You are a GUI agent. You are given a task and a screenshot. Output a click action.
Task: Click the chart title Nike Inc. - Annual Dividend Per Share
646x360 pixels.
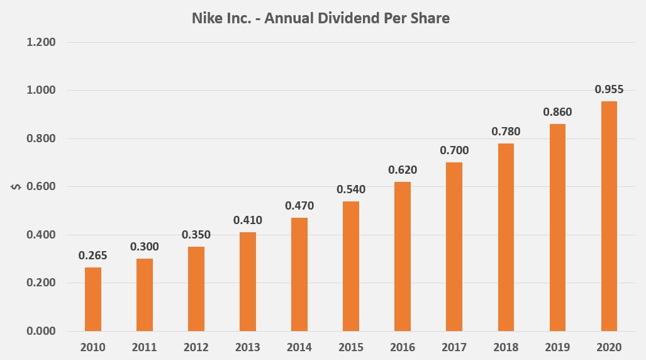point(320,18)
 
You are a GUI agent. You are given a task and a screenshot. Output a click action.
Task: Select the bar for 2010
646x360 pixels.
point(93,299)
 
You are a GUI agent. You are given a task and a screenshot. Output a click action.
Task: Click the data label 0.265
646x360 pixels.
point(93,256)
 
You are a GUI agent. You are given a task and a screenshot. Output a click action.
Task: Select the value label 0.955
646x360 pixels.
point(609,89)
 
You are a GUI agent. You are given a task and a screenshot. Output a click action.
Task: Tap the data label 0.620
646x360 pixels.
point(403,170)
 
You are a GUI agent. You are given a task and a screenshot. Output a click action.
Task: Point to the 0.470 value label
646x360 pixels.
point(299,206)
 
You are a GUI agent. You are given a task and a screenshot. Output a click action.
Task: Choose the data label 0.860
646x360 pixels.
point(557,112)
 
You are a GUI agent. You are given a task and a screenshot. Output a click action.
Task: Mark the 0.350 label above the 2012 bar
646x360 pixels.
point(196,235)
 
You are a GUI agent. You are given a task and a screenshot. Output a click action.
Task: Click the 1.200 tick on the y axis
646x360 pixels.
point(42,42)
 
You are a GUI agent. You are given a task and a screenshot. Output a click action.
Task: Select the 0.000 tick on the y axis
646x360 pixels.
point(42,331)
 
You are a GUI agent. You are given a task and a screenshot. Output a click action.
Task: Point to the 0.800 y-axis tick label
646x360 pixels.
point(42,138)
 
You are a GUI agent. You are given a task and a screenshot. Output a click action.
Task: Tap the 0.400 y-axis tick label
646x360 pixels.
point(42,235)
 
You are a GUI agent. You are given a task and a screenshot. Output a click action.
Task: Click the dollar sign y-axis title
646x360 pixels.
point(17,187)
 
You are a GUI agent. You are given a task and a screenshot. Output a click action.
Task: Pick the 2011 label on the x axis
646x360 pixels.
point(145,347)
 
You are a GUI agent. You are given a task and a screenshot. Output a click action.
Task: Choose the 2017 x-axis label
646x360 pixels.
point(454,347)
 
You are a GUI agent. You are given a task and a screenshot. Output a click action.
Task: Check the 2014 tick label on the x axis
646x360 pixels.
point(299,347)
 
